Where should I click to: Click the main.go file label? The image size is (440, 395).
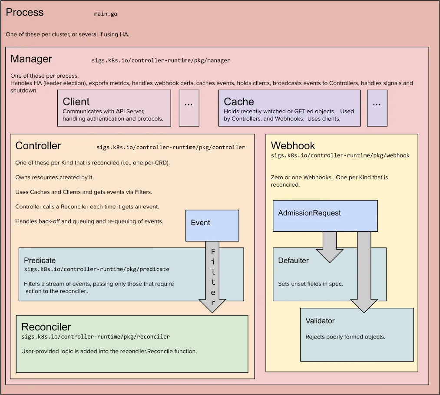point(106,14)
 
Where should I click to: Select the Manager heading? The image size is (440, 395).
point(31,59)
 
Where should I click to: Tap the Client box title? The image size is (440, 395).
point(76,102)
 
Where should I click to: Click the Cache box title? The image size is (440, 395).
point(239,102)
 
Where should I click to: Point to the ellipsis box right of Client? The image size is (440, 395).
point(189,108)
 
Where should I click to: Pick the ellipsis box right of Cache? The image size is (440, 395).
point(377,108)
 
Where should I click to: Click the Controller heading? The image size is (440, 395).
point(38,146)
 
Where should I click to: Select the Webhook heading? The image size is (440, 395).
point(293,146)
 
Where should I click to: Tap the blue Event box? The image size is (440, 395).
point(212,225)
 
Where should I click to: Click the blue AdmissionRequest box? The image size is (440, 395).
point(325,216)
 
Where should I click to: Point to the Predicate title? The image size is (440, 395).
point(40,260)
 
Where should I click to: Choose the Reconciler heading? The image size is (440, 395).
point(46,327)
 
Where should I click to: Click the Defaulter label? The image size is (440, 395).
point(293,260)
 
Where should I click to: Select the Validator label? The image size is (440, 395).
point(320,321)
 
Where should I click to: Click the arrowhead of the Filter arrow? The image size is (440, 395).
point(212,306)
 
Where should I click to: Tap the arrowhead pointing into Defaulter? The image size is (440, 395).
point(329,256)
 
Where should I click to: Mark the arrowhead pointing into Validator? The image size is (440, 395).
point(364,306)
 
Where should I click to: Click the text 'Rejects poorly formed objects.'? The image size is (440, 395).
point(345,337)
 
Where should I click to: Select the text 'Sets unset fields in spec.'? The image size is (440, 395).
point(311,284)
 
